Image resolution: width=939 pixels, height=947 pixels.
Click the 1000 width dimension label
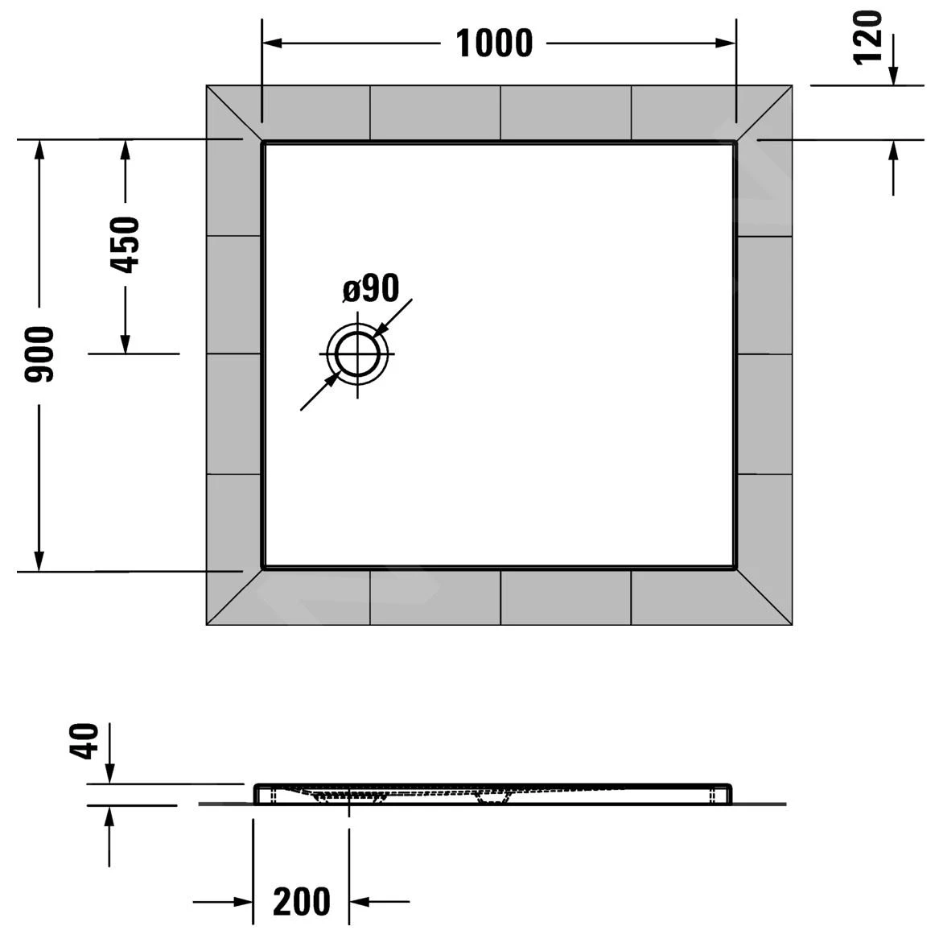click(494, 43)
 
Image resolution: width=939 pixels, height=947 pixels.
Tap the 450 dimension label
click(125, 245)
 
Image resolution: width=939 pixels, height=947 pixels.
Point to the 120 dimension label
click(868, 38)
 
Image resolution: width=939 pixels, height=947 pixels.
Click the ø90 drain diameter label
click(371, 288)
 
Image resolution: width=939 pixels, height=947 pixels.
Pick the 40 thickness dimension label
click(86, 741)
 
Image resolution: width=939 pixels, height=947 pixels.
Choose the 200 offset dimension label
click(302, 901)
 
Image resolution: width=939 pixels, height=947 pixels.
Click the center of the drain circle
click(357, 354)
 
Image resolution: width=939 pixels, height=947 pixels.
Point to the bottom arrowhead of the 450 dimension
click(125, 344)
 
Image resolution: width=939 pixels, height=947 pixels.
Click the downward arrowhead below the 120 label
click(893, 76)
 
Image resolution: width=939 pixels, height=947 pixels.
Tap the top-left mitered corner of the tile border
click(234, 113)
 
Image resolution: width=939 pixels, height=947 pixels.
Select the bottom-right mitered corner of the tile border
click(764, 596)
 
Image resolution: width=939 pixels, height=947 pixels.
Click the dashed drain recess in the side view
click(349, 796)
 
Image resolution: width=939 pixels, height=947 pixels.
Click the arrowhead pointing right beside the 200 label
click(244, 901)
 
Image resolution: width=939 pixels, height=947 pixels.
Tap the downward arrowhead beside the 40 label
click(109, 774)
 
